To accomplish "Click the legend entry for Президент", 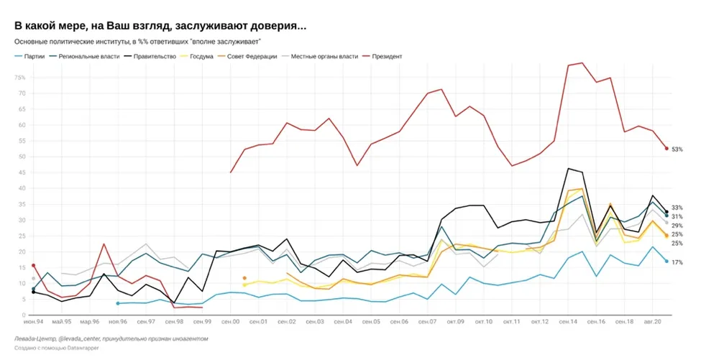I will pyautogui.click(x=388, y=56).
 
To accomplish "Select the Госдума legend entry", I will pyautogui.click(x=201, y=56).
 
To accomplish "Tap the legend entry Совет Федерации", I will pyautogui.click(x=252, y=56).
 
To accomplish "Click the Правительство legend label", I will pyautogui.click(x=155, y=56).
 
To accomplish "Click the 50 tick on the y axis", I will pyautogui.click(x=21, y=157).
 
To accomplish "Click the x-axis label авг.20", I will pyautogui.click(x=652, y=322).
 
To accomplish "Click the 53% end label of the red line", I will pyautogui.click(x=677, y=149).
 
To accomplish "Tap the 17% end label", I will pyautogui.click(x=677, y=262).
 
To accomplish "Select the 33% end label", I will pyautogui.click(x=677, y=208).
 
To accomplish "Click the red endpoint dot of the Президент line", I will pyautogui.click(x=667, y=149).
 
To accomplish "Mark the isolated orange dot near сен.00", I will pyautogui.click(x=244, y=278).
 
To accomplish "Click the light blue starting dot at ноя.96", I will pyautogui.click(x=117, y=303).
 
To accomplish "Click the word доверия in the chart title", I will pyautogui.click(x=276, y=26).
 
